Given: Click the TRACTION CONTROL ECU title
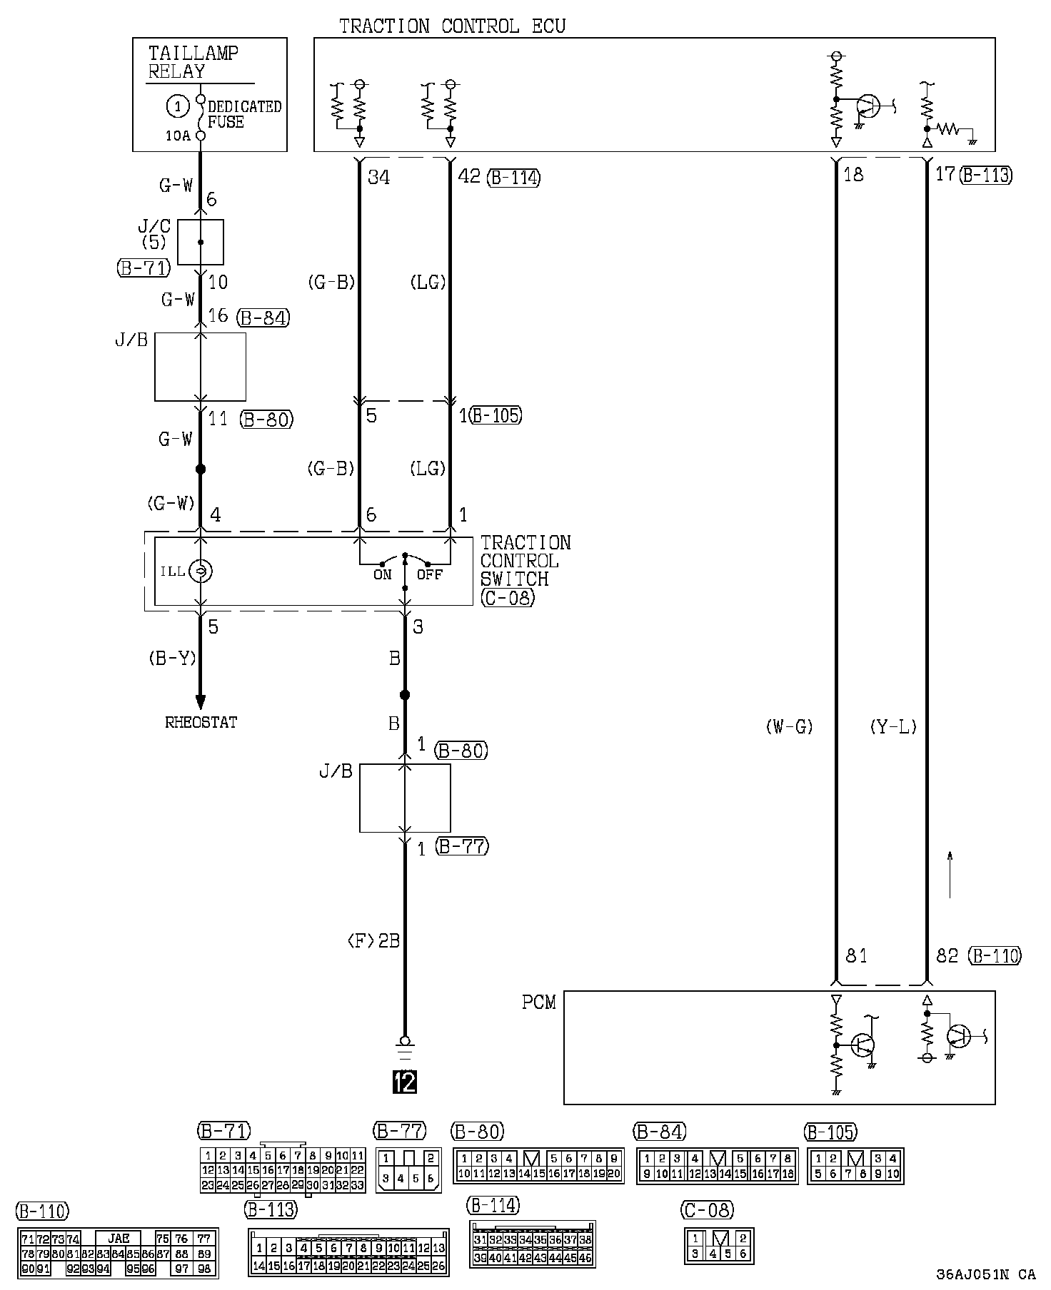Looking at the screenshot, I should (x=452, y=26).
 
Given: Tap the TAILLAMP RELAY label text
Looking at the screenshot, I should (x=193, y=62).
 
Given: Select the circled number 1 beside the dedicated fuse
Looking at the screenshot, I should (x=177, y=106).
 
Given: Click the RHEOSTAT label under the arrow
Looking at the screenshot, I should (x=201, y=722).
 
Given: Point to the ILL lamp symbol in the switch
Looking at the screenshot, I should (x=201, y=571).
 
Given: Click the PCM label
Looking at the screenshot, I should (x=538, y=1002).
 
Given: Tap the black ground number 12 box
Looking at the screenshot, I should (x=405, y=1082).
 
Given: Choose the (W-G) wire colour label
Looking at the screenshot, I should (x=789, y=727).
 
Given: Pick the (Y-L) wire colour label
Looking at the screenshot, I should (x=893, y=727).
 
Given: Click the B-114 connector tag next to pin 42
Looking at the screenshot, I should (x=513, y=177).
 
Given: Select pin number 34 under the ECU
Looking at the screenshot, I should (x=378, y=177).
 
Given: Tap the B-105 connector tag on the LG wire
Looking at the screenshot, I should (x=496, y=415).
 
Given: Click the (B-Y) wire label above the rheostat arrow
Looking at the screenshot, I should (x=172, y=658).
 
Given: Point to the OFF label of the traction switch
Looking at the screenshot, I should (x=430, y=574).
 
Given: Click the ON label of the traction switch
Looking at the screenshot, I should (x=383, y=574).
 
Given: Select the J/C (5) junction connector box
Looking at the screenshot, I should (x=200, y=242).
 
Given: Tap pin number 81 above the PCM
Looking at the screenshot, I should (x=856, y=955).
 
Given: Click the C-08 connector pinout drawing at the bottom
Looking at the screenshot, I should (x=718, y=1245).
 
